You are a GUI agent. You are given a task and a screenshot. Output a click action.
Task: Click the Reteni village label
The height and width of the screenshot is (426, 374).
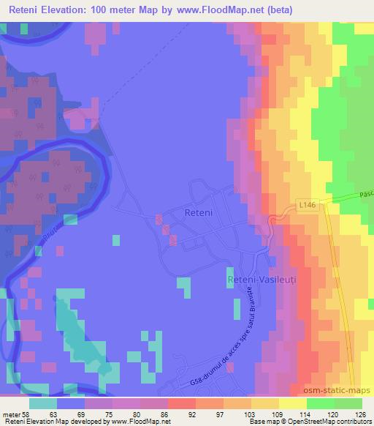click(x=197, y=213)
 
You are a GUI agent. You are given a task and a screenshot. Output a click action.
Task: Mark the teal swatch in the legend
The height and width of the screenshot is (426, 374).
click(x=42, y=403)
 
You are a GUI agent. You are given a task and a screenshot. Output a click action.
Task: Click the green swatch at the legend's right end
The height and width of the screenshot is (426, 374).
click(x=348, y=403)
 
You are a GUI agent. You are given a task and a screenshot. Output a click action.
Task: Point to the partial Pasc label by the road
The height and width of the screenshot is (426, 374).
click(x=366, y=196)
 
